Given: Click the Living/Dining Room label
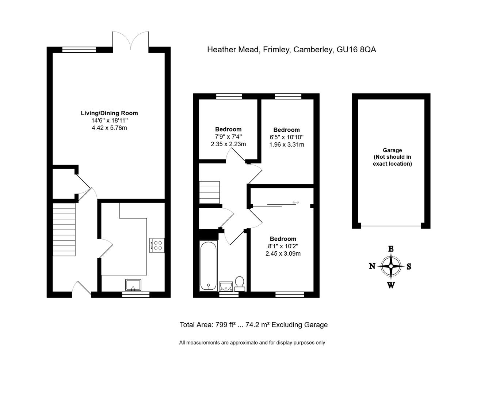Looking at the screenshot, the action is tap(109, 113).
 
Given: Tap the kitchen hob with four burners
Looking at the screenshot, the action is tap(157, 245).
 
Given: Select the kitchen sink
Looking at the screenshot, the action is tap(133, 285).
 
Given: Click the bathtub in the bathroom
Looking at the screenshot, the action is tap(208, 266).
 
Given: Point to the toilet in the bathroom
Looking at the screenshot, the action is tap(240, 284).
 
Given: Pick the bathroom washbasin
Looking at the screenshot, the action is tap(226, 286).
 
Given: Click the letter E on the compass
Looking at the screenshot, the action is tap(391, 249).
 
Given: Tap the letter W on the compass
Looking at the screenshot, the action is tap(391, 285).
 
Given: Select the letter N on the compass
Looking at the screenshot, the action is tap(372, 266).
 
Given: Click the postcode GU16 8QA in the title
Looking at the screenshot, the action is tap(356, 50).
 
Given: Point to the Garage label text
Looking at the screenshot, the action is tap(392, 150).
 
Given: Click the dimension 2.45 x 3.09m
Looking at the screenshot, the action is tap(283, 253).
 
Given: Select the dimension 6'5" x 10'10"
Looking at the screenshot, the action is tap(286, 137).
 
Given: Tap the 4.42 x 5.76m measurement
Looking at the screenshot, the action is tap(109, 128).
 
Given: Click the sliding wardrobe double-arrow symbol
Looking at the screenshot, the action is tap(296, 202).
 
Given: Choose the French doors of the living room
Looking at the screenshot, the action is tap(131, 41).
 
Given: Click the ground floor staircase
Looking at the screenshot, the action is tap(64, 229).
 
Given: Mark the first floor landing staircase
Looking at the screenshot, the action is tap(210, 192).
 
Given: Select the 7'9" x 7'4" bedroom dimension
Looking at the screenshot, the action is tap(228, 137).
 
